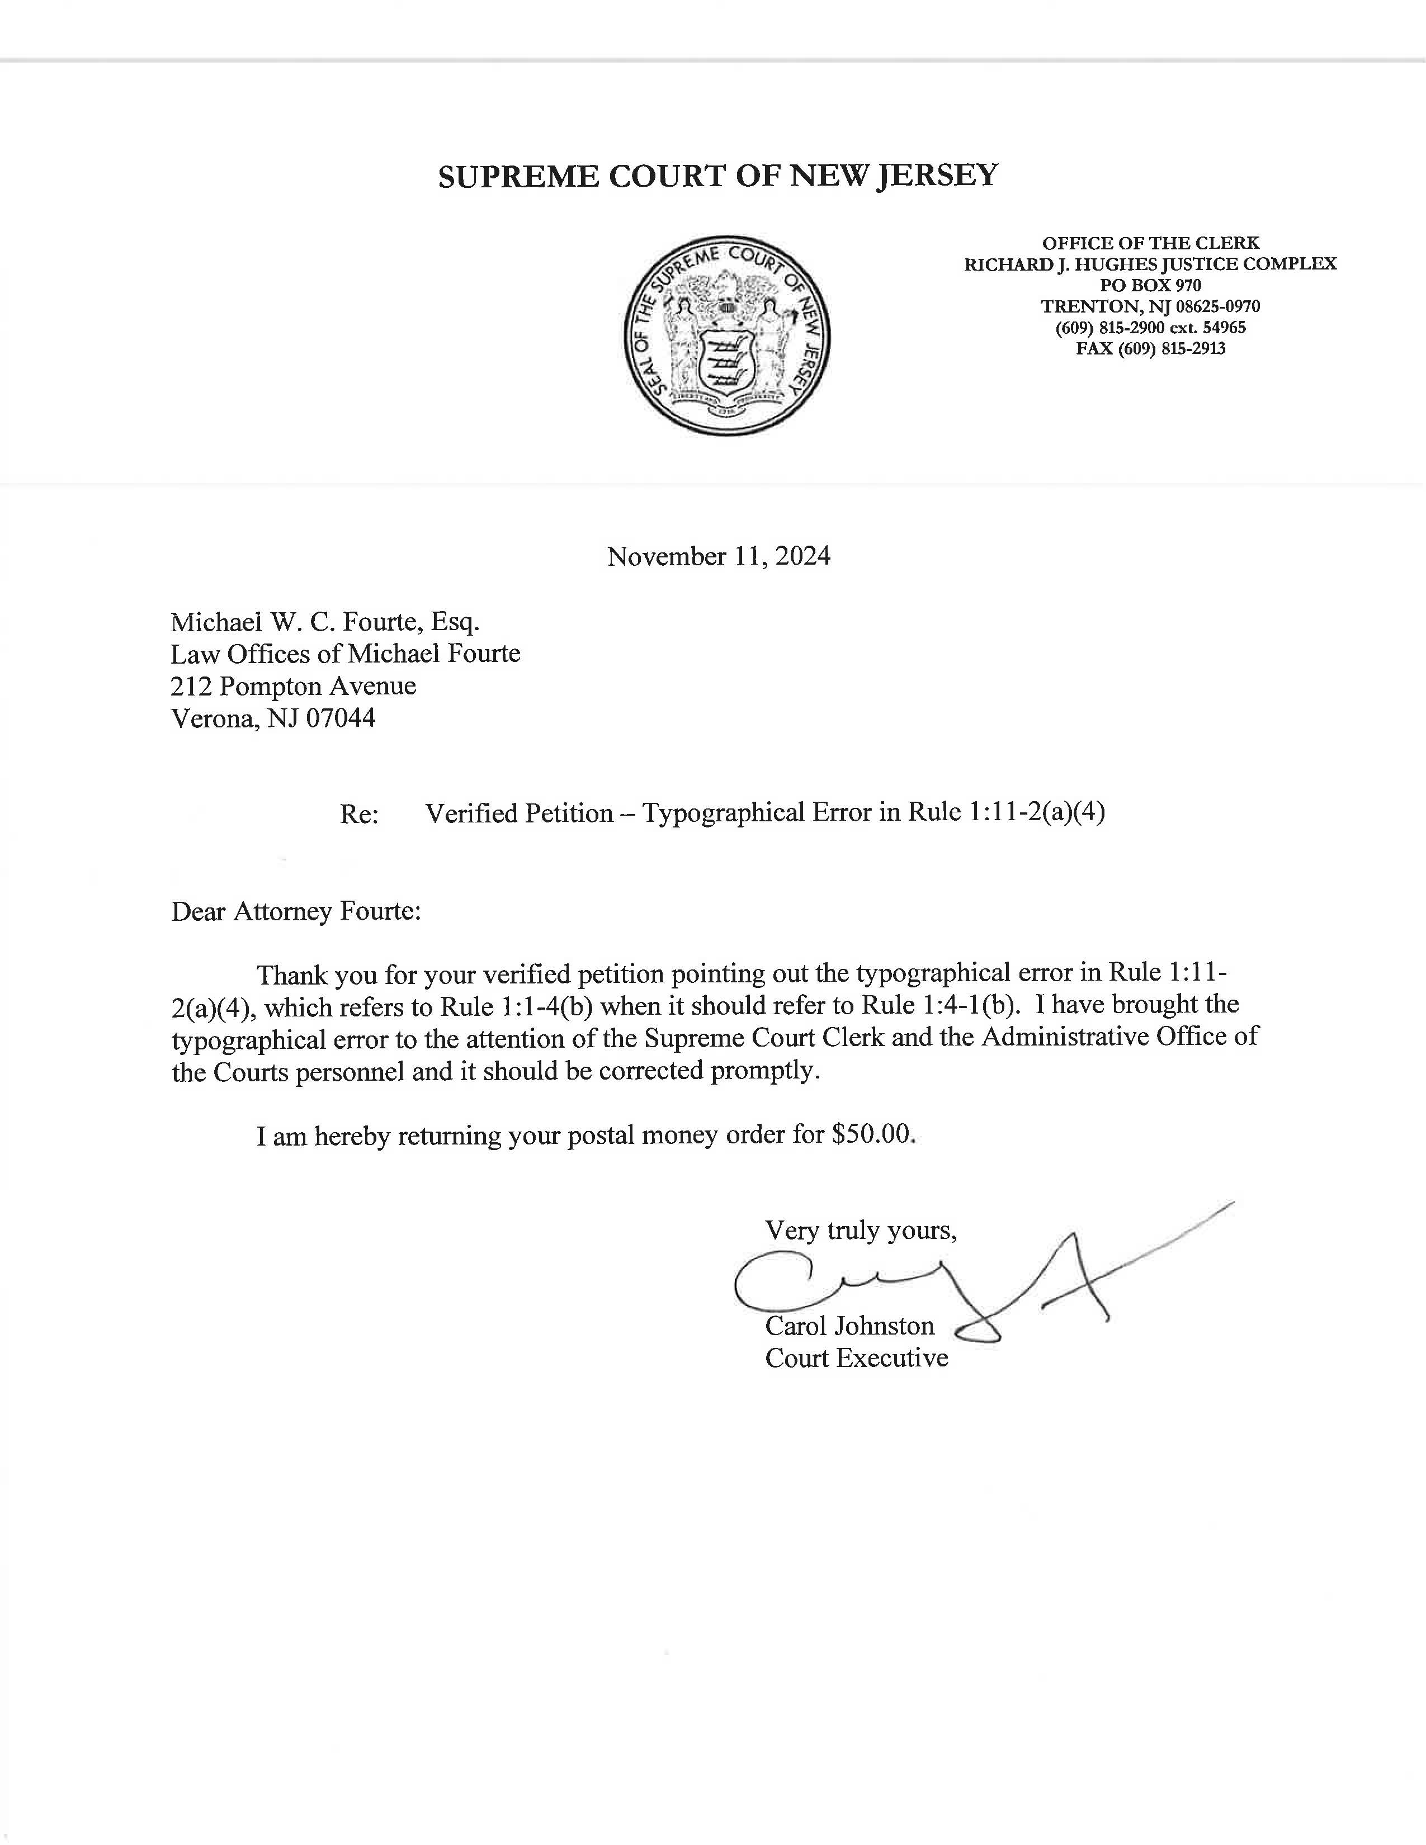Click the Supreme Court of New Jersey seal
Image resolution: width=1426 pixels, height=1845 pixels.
pos(726,335)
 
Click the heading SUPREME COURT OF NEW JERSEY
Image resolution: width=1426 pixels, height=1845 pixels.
pos(718,176)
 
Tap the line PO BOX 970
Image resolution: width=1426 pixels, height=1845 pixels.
pos(1151,286)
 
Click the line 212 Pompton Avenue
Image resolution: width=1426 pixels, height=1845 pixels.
pos(293,686)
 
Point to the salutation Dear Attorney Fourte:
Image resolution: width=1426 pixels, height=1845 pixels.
pos(296,911)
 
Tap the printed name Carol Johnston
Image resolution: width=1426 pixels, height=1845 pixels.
pos(850,1326)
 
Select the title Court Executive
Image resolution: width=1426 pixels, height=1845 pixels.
pos(857,1359)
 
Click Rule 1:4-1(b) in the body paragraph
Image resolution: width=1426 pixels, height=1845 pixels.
pos(936,1005)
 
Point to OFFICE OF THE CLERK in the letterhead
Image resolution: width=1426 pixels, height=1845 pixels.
pos(1151,243)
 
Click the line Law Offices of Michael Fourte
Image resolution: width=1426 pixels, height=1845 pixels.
pos(344,654)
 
